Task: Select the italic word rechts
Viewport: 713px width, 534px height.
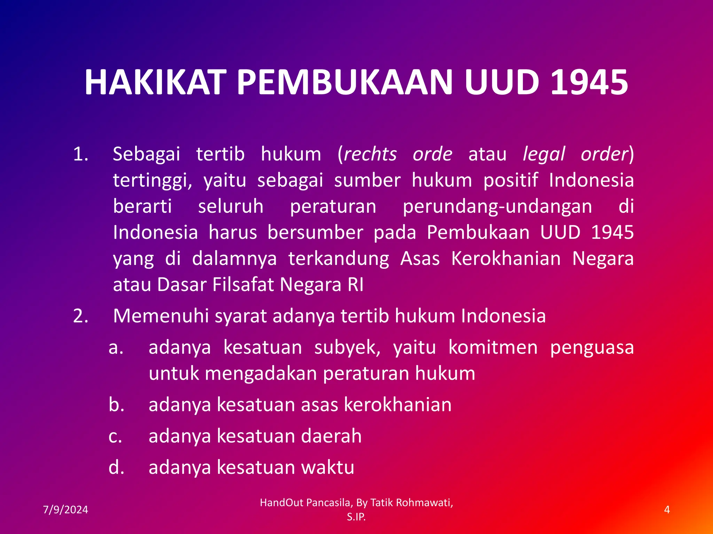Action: coord(370,154)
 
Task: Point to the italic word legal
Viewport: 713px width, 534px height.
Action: coord(544,154)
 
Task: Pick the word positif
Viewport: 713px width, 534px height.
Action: coord(511,180)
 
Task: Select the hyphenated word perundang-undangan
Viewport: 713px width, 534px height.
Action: coord(497,206)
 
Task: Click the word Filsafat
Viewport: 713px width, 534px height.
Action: coord(243,284)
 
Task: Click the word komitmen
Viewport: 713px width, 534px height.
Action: coord(493,347)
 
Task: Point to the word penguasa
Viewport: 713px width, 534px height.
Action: coord(592,347)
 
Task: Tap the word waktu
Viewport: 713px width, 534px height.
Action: coord(328,467)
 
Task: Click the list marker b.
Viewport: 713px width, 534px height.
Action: coord(116,405)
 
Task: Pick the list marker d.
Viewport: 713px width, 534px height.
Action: coord(116,467)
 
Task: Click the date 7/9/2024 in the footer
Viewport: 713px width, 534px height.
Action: coord(65,510)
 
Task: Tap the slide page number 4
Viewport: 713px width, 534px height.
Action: coord(667,510)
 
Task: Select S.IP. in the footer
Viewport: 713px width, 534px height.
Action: coord(356,517)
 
